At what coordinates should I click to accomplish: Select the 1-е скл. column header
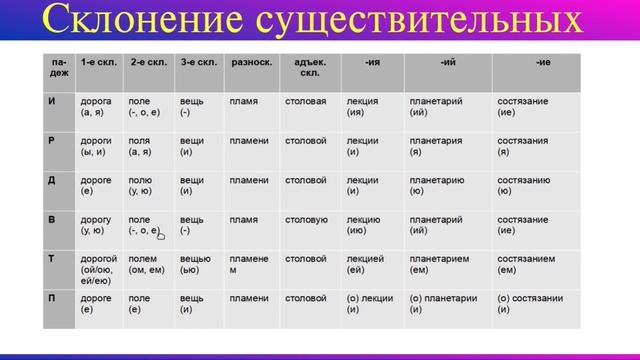pyautogui.click(x=99, y=62)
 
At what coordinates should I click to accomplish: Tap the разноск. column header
pyautogui.click(x=251, y=62)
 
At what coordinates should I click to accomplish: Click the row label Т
pyautogui.click(x=51, y=258)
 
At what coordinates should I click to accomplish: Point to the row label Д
pyautogui.click(x=51, y=180)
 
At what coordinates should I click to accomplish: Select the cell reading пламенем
pyautogui.click(x=249, y=264)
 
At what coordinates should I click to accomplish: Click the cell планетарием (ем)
pyautogui.click(x=439, y=264)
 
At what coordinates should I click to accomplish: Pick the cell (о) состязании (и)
pyautogui.click(x=530, y=304)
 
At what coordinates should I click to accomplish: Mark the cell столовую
pyautogui.click(x=306, y=220)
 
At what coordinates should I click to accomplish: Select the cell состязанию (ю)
pyautogui.click(x=523, y=186)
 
